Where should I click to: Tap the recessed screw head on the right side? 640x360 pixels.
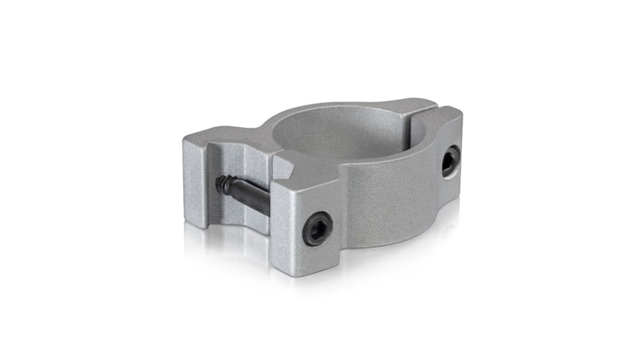pyautogui.click(x=450, y=160)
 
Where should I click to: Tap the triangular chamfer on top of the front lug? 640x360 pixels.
pyautogui.click(x=287, y=162)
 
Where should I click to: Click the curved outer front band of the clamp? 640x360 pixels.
pyautogui.click(x=386, y=196)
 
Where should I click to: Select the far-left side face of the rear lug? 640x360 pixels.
pyautogui.click(x=194, y=180)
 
